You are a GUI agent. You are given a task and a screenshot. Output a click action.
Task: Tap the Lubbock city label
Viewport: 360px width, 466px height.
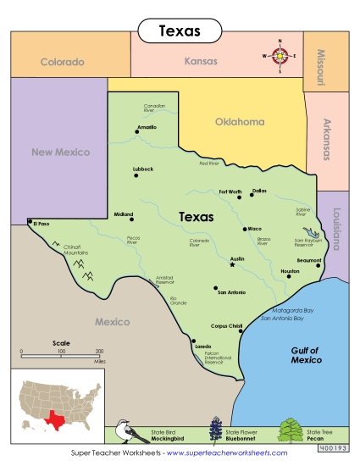143,169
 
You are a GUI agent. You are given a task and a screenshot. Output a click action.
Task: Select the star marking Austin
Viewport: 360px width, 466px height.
231,265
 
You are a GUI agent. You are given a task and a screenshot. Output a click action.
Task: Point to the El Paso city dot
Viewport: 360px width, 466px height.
30,222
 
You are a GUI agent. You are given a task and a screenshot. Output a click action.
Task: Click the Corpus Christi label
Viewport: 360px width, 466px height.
226,325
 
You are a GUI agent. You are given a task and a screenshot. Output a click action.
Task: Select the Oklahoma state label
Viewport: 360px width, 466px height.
239,121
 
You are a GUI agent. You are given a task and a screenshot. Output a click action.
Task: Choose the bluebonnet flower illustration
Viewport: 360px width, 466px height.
214,431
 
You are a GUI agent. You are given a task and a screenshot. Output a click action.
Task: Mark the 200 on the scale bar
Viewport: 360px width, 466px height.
99,351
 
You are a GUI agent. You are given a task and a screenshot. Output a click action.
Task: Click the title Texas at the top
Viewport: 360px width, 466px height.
180,31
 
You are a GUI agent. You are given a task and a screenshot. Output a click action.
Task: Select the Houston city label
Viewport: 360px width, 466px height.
290,271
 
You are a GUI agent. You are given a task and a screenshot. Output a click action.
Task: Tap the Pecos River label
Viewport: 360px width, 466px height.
133,240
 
